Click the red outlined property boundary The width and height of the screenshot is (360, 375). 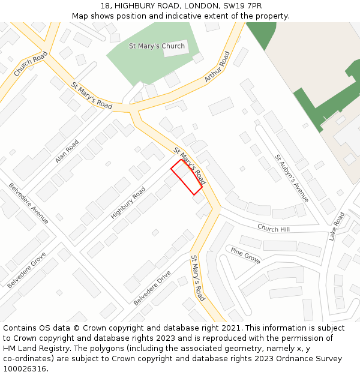[x=187, y=177]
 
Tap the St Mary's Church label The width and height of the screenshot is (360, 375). [x=157, y=46]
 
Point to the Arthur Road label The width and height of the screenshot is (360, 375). [x=217, y=67]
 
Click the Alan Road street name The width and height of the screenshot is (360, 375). [x=67, y=152]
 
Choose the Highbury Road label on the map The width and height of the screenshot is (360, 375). [x=128, y=203]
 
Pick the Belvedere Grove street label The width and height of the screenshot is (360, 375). [x=27, y=270]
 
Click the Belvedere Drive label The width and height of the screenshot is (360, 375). [x=152, y=288]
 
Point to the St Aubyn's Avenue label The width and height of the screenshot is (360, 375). [x=292, y=178]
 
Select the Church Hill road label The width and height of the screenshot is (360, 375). [x=274, y=229]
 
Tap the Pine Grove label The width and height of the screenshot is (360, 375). [x=245, y=256]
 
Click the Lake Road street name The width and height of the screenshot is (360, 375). [x=336, y=226]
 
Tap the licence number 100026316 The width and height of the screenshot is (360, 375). [x=25, y=369]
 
